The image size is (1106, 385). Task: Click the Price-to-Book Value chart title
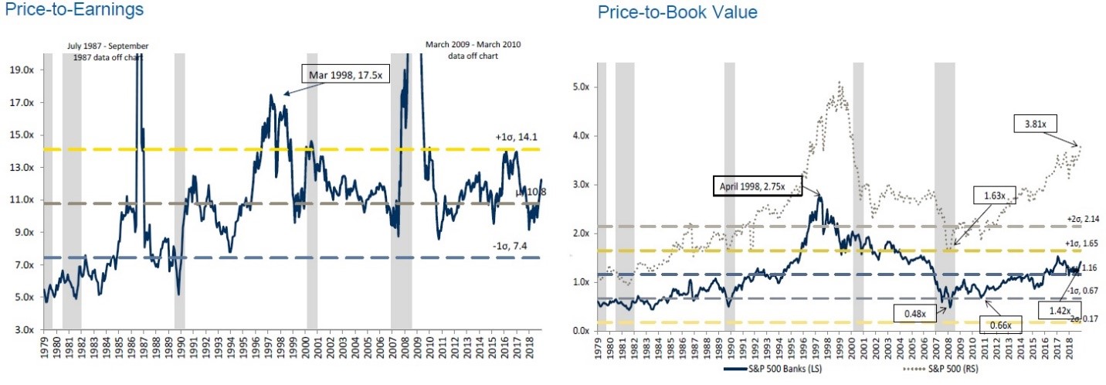(x=677, y=12)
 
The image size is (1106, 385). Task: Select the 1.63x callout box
(x=979, y=194)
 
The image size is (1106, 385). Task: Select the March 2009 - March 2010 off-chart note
(x=473, y=50)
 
